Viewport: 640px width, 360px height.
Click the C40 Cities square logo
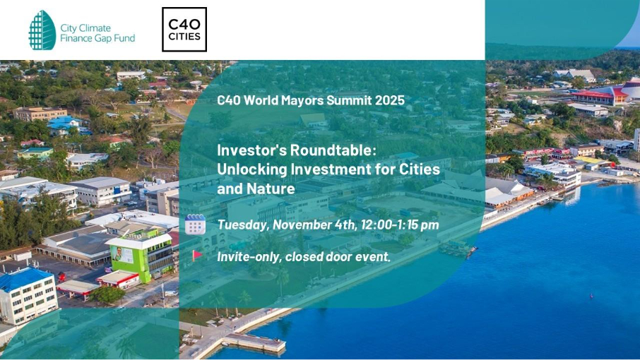tap(184, 30)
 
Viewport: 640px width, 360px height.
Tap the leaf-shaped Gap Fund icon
tap(42, 30)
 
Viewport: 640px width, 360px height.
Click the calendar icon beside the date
tap(195, 224)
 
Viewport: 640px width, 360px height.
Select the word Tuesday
tap(243, 225)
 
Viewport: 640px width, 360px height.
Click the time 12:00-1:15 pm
tap(400, 224)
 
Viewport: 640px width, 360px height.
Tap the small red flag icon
tap(197, 256)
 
